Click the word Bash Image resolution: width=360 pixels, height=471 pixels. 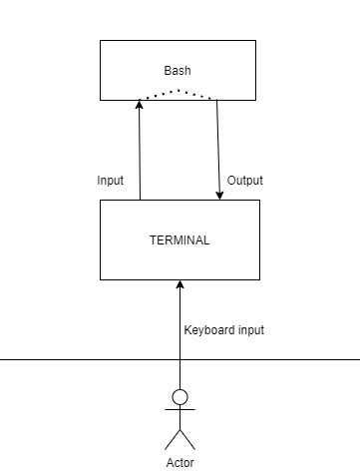click(x=177, y=71)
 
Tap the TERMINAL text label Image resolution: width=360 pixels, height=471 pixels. click(x=180, y=240)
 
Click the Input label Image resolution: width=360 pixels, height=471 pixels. click(x=111, y=181)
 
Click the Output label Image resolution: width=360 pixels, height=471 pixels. click(x=245, y=181)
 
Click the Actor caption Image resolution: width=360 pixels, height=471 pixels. click(x=180, y=463)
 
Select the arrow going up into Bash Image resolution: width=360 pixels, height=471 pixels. click(x=140, y=150)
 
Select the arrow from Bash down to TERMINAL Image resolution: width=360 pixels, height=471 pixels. click(x=219, y=150)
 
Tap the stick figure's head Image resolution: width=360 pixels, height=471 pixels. click(x=180, y=397)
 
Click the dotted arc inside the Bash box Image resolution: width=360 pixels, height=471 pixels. click(x=178, y=92)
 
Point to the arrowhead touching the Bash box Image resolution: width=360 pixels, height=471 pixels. click(x=140, y=106)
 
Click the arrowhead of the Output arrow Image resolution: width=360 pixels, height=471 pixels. click(x=219, y=194)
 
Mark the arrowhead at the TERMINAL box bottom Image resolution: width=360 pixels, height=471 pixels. click(x=180, y=285)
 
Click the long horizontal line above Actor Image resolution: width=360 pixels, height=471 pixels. click(x=60, y=359)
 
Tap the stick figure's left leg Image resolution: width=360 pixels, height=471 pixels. click(x=172, y=440)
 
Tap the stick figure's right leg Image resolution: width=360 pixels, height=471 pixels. click(x=187, y=440)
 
